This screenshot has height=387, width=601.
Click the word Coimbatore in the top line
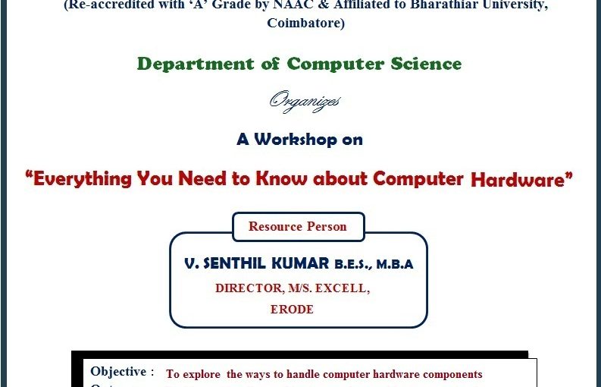click(306, 23)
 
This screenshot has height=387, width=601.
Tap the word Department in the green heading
click(196, 64)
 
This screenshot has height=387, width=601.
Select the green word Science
click(426, 64)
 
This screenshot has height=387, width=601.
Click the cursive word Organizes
click(305, 102)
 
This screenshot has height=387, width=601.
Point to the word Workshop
click(295, 139)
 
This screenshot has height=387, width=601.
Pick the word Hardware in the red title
click(518, 180)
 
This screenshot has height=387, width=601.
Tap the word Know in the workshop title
click(281, 178)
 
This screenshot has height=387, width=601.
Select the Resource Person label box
click(298, 227)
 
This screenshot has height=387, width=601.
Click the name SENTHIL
click(234, 264)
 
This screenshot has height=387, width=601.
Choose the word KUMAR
click(300, 264)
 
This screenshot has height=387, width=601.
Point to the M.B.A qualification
click(395, 265)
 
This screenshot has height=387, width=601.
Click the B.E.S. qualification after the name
click(353, 265)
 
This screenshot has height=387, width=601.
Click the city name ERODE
click(292, 309)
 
